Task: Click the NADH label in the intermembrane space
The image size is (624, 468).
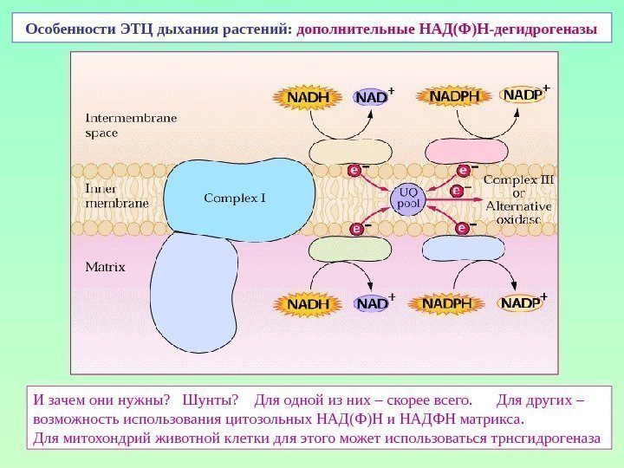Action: (309, 97)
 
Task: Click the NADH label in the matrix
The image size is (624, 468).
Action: (309, 304)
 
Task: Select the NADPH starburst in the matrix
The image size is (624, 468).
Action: (449, 304)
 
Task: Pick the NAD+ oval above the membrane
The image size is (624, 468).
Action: (373, 97)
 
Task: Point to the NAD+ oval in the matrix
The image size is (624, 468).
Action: (373, 304)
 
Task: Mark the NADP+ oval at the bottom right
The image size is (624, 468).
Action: (522, 304)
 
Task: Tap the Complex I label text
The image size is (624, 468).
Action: (234, 198)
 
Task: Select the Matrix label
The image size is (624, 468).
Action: (105, 267)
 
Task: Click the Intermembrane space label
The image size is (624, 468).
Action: (130, 125)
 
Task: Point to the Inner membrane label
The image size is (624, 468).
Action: (116, 195)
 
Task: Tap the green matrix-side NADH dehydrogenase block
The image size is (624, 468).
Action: (340, 249)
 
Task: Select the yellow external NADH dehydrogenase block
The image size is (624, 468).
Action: (340, 153)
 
